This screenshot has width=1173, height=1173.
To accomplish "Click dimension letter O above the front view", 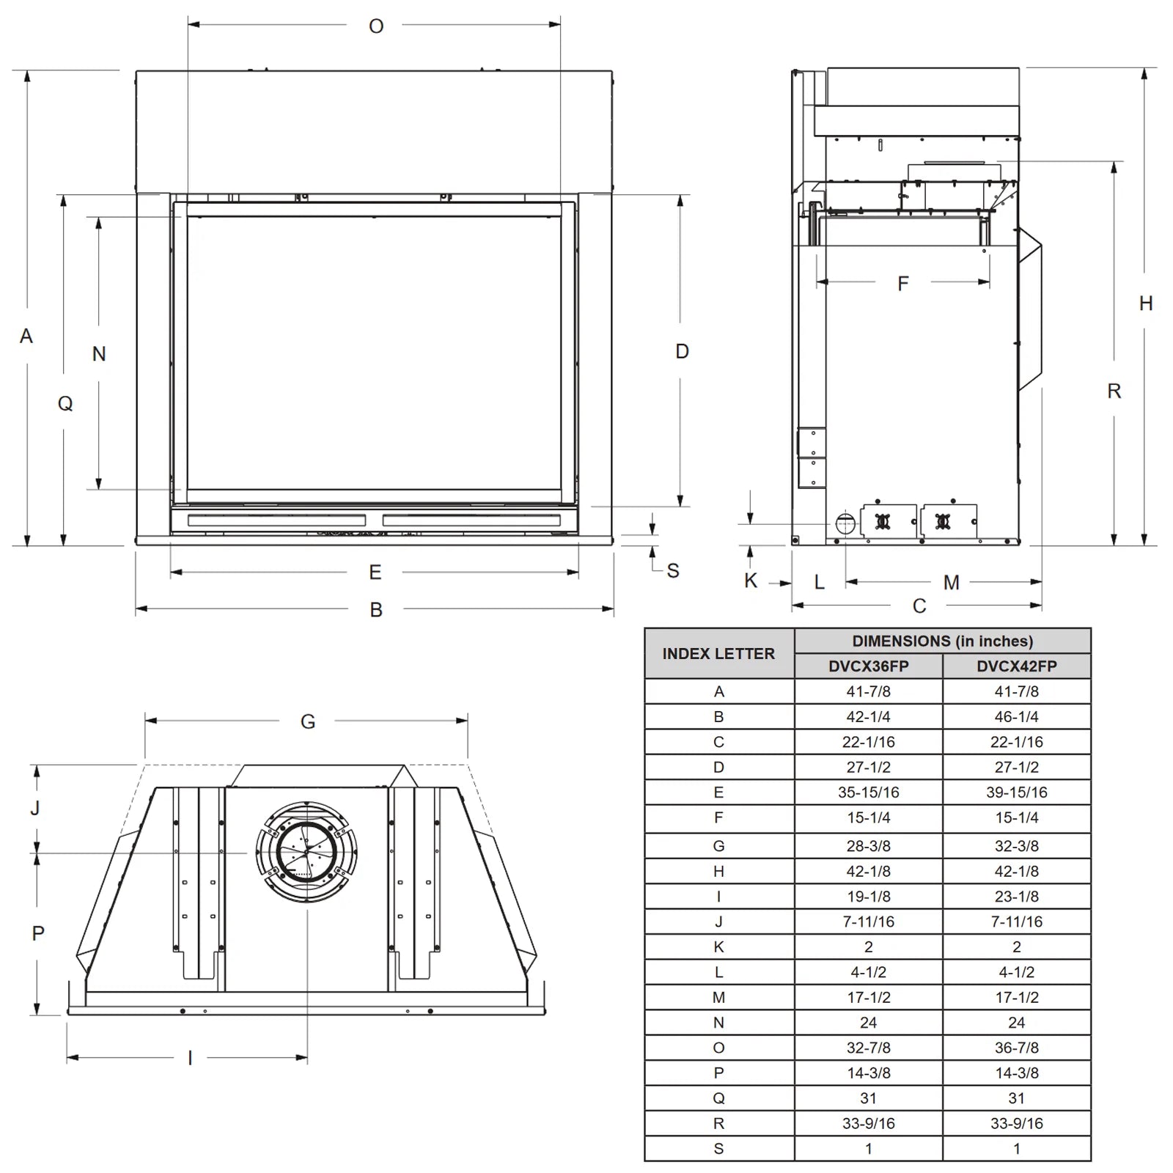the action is (376, 26).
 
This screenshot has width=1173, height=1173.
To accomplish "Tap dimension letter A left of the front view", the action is (26, 337).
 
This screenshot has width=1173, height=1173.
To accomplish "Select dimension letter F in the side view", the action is (903, 284).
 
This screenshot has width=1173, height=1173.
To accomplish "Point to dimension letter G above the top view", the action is (308, 722).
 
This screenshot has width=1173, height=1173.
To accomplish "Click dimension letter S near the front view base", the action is (673, 571).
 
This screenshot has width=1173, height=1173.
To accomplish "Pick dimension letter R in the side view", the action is (1114, 391).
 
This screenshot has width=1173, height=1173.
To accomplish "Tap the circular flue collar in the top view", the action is (306, 852).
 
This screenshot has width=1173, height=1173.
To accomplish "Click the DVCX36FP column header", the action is (869, 666).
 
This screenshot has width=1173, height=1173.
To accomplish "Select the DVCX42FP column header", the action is (1017, 666).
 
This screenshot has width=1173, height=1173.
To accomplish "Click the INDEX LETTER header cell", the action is (718, 654).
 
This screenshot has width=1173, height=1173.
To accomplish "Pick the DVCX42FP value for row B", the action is (1017, 717).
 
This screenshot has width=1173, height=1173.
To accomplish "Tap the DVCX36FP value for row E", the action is (869, 793).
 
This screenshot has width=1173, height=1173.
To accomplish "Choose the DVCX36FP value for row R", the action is (869, 1123).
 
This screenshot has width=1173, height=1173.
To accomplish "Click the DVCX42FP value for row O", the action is (1017, 1048).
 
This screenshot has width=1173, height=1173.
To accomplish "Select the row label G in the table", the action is (718, 846).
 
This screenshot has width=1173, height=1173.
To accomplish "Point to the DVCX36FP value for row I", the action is (869, 897).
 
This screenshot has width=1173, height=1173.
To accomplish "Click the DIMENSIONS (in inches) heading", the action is (943, 641).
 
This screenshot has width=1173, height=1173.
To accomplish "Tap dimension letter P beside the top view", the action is (38, 933).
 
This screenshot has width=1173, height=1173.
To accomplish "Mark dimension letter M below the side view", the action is (952, 583).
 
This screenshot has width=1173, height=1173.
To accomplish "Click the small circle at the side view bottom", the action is (845, 523).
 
